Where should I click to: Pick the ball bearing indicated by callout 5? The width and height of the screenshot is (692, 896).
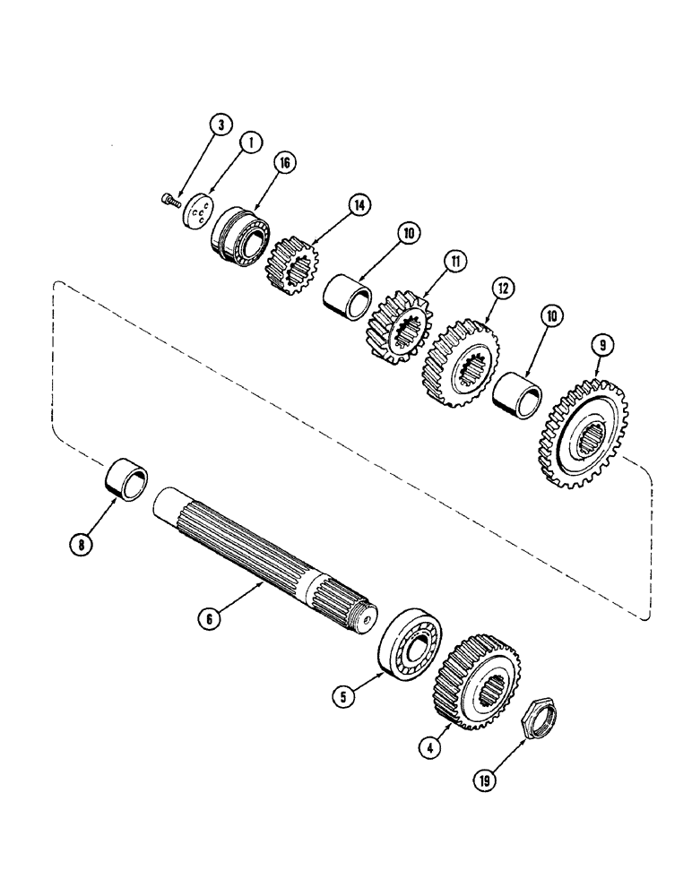pos(407,638)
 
